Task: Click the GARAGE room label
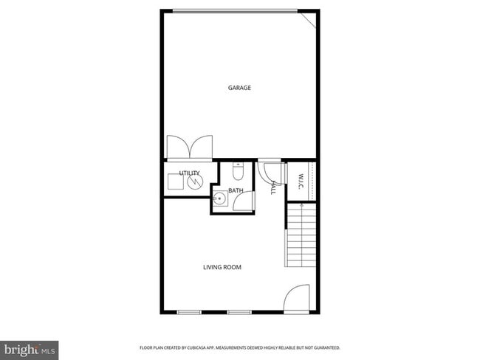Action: [x=239, y=88]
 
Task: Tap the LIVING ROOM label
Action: [x=222, y=267]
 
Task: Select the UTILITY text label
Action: [x=189, y=173]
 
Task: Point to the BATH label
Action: [x=236, y=191]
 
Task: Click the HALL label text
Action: [x=272, y=187]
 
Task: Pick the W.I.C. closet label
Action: [x=301, y=181]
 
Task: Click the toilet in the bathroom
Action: [x=238, y=173]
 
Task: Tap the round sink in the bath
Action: [x=219, y=198]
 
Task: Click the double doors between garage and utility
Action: [x=190, y=146]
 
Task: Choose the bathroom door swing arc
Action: [x=244, y=202]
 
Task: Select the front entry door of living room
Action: [x=297, y=298]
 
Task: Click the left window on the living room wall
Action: [x=189, y=312]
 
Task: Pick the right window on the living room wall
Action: [x=239, y=312]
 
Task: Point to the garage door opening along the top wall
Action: [x=236, y=10]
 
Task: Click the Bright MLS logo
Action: [x=30, y=349]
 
